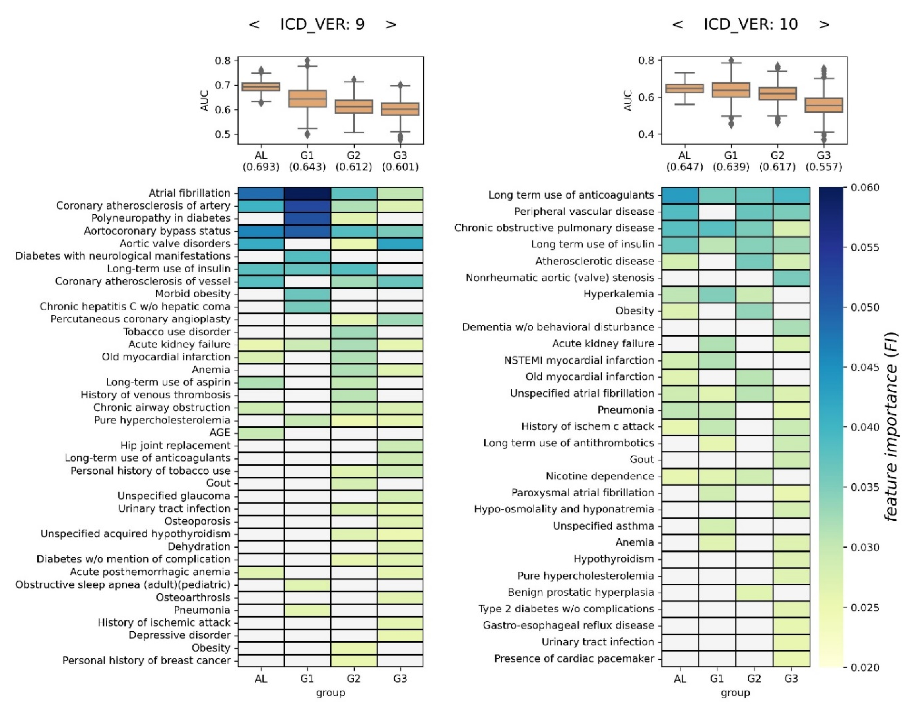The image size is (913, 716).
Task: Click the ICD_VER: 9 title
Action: click(x=322, y=24)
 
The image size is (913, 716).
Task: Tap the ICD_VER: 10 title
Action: click(x=750, y=24)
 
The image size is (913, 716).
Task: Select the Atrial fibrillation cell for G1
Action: click(x=307, y=193)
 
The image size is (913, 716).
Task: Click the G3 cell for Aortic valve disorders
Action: click(x=400, y=243)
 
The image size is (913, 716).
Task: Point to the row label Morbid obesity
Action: click(x=193, y=294)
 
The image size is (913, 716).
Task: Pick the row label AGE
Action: click(x=220, y=433)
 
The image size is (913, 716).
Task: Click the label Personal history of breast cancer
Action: click(x=146, y=661)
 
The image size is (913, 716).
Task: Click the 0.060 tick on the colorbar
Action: click(x=865, y=187)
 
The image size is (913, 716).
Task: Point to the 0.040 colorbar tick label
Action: click(x=865, y=427)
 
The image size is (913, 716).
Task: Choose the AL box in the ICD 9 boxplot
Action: click(x=261, y=87)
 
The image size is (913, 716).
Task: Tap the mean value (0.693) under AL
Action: click(x=261, y=167)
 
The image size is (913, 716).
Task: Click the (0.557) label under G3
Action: click(x=824, y=167)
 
